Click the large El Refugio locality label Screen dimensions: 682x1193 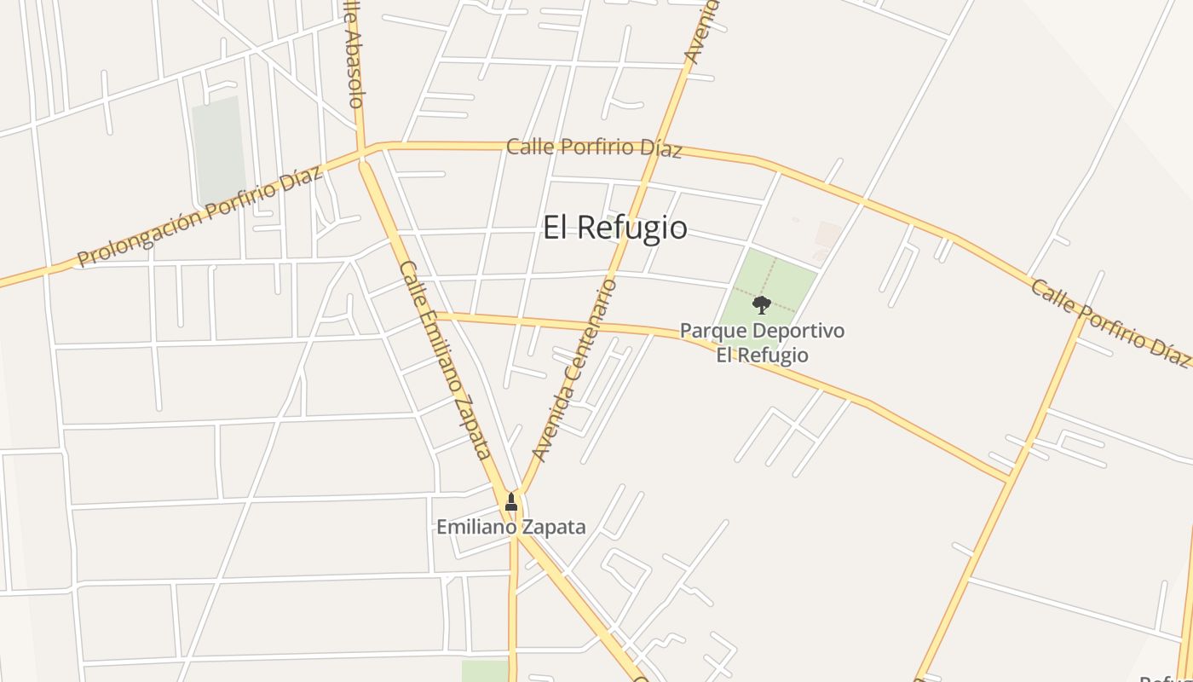pos(615,228)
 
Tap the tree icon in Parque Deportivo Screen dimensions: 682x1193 pos(762,304)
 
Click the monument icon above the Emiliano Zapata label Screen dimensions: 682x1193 pos(511,501)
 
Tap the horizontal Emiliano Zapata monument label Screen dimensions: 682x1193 pos(511,528)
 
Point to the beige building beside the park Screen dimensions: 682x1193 pos(827,234)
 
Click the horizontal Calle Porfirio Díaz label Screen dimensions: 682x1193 pos(594,147)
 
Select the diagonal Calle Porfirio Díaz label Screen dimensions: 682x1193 pos(1109,323)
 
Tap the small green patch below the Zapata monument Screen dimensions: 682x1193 pos(485,671)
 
